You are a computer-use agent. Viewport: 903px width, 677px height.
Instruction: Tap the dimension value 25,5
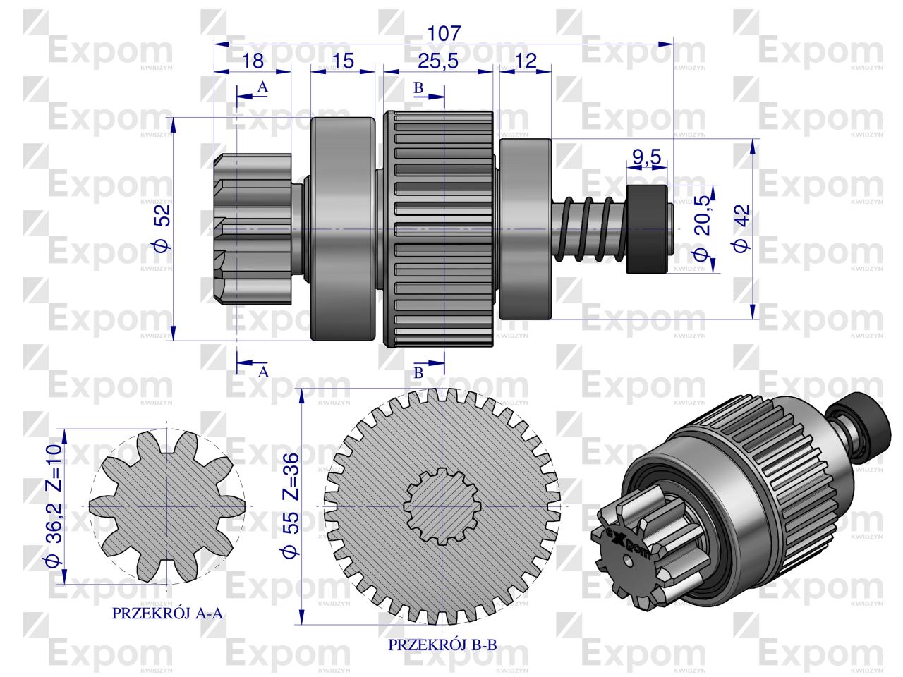437,61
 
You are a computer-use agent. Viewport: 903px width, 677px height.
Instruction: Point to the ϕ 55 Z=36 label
289,506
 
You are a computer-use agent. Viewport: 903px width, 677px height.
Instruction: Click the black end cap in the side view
647,229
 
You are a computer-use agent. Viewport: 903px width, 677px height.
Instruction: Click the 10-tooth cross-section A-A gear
167,506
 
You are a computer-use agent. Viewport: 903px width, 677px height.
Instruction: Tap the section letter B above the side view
418,88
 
